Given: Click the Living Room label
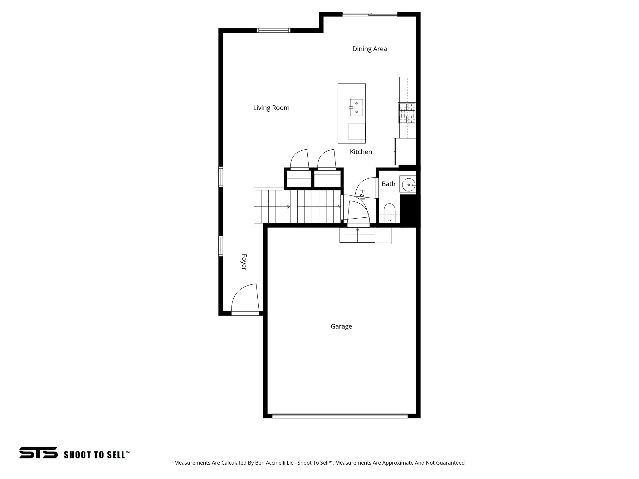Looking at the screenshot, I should [271, 108].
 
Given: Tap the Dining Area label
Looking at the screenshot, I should [369, 49].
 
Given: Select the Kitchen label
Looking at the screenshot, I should [361, 152].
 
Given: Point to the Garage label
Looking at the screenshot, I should [341, 327].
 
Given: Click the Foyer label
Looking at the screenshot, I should [244, 262].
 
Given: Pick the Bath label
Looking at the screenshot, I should [388, 184].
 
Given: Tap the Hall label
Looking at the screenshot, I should [362, 195].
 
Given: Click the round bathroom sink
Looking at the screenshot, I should [408, 185].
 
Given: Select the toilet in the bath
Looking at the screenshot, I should [389, 212].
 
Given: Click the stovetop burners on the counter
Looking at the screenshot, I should [407, 113].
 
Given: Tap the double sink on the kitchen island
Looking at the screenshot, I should [356, 108].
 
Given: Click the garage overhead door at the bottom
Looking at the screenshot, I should [340, 416].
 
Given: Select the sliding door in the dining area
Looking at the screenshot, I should [370, 14].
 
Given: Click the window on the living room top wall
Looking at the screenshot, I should [273, 31].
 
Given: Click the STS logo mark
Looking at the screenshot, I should [38, 452].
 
